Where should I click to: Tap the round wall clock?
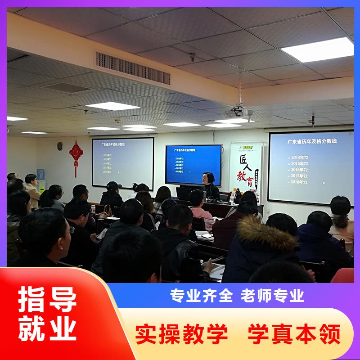coord(60,146)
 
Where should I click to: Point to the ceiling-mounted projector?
coord(238,112)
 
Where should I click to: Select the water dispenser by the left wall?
coord(41,180)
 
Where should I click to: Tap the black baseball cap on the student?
coord(113,185)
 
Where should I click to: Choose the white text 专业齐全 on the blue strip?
coord(201,295)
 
